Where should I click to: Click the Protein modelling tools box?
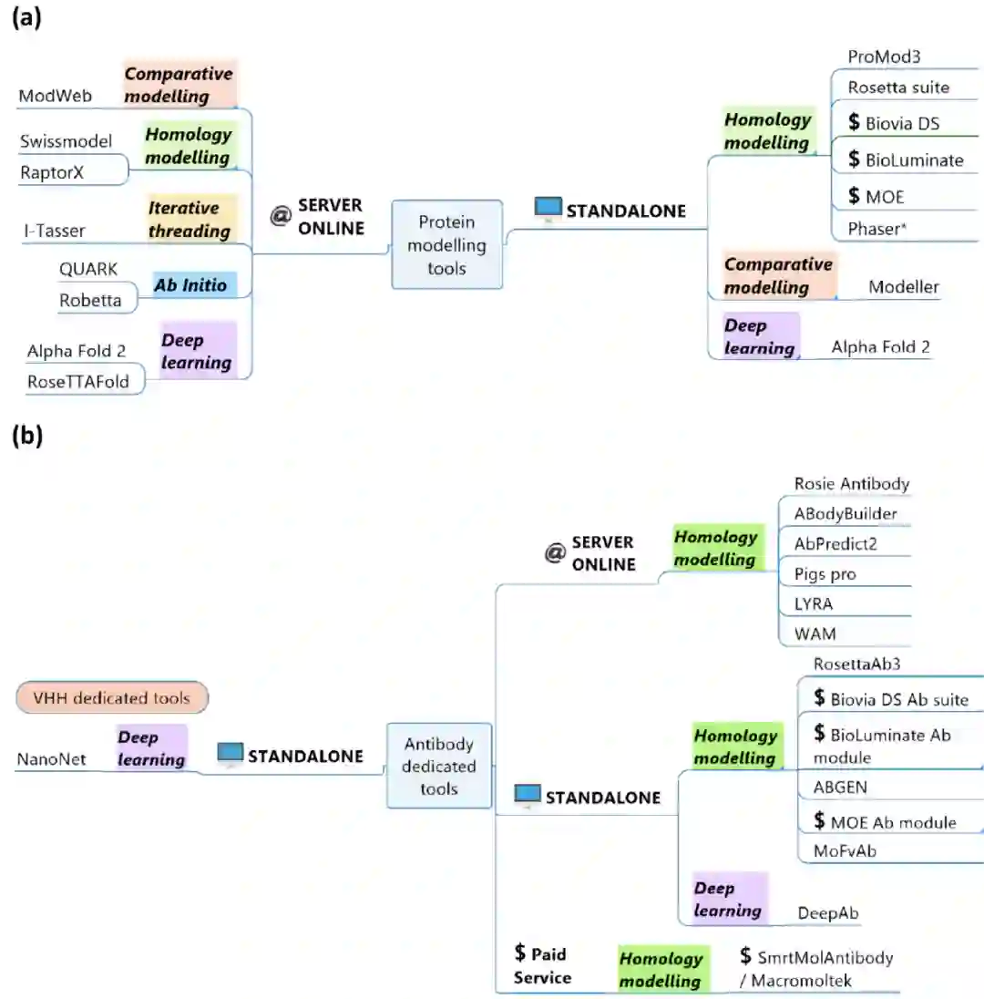(446, 244)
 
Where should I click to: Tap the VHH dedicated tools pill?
(112, 698)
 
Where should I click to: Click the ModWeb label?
(55, 96)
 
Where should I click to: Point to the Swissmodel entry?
(66, 141)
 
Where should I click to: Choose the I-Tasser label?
(54, 231)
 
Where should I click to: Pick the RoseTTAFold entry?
(78, 382)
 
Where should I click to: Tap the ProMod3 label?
(884, 57)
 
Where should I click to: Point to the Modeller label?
(903, 287)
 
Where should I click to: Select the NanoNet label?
(51, 758)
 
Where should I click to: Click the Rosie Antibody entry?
(852, 483)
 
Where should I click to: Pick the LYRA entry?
(814, 603)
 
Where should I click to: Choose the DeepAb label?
(829, 912)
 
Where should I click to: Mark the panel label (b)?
(26, 436)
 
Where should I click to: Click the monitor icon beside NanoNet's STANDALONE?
(231, 754)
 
